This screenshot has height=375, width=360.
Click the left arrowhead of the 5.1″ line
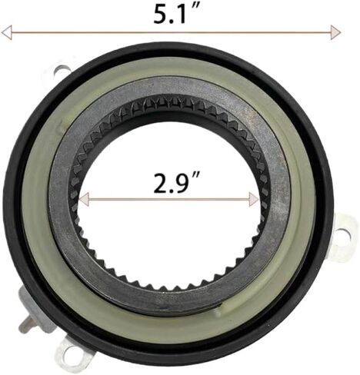click(x=7, y=32)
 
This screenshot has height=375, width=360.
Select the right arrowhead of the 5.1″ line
click(x=335, y=32)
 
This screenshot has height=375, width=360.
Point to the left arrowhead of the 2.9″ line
click(x=84, y=200)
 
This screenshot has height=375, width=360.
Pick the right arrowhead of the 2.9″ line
click(x=254, y=200)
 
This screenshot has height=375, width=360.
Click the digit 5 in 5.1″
click(x=161, y=15)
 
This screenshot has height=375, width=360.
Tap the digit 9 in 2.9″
click(x=184, y=184)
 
